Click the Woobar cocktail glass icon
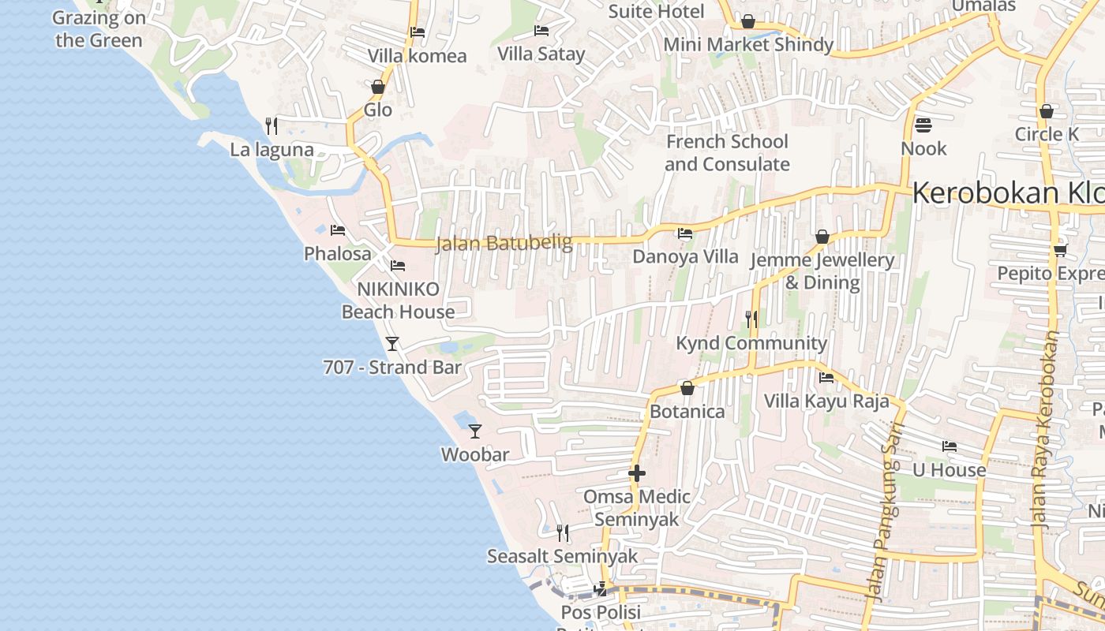click(475, 431)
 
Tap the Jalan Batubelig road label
click(504, 243)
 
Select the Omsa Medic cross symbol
click(637, 473)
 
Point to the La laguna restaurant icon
click(272, 125)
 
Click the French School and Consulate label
click(727, 153)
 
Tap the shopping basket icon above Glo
click(378, 87)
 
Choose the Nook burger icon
click(923, 125)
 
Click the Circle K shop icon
click(1047, 111)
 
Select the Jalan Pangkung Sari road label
click(888, 524)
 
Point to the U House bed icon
click(950, 446)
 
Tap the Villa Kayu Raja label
click(826, 401)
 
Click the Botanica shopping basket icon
click(687, 388)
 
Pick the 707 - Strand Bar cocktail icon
click(392, 343)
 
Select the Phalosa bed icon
click(338, 230)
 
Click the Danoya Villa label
click(685, 256)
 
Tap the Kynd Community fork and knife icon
click(751, 319)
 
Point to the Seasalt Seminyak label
click(562, 556)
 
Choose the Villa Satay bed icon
click(541, 31)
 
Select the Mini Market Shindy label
click(748, 44)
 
